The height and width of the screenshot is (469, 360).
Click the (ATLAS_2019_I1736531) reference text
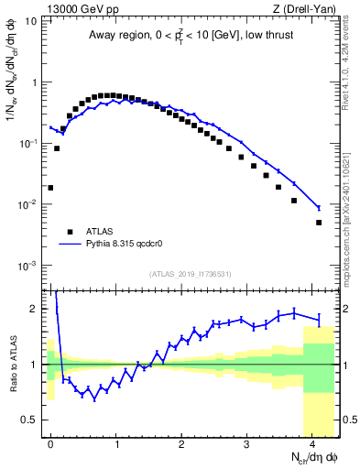[x=190, y=273]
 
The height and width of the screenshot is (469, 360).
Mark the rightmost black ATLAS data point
[x=319, y=223]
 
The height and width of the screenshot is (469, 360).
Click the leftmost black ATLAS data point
[x=50, y=187]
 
